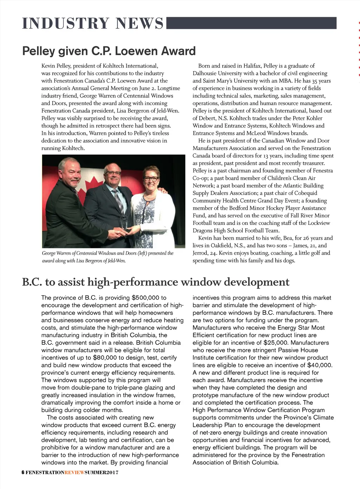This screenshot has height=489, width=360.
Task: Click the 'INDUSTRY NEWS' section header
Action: pyautogui.click(x=93, y=23)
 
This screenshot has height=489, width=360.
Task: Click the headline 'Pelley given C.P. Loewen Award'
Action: pyautogui.click(x=109, y=51)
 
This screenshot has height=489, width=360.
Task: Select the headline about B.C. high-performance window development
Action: pyautogui.click(x=156, y=282)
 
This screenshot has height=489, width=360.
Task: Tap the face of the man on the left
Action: pyautogui.click(x=71, y=173)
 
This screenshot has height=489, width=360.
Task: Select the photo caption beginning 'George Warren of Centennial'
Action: pyautogui.click(x=108, y=257)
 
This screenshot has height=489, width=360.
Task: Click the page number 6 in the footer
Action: pyautogui.click(x=23, y=472)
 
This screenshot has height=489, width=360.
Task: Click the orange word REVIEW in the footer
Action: pyautogui.click(x=75, y=472)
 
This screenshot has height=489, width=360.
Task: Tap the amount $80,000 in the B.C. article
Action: pyautogui.click(x=105, y=358)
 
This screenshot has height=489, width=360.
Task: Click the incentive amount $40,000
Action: pyautogui.click(x=320, y=365)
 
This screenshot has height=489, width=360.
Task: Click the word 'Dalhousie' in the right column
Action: pyautogui.click(x=205, y=73)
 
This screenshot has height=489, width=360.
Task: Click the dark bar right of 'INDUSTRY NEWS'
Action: pyautogui.click(x=251, y=23)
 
